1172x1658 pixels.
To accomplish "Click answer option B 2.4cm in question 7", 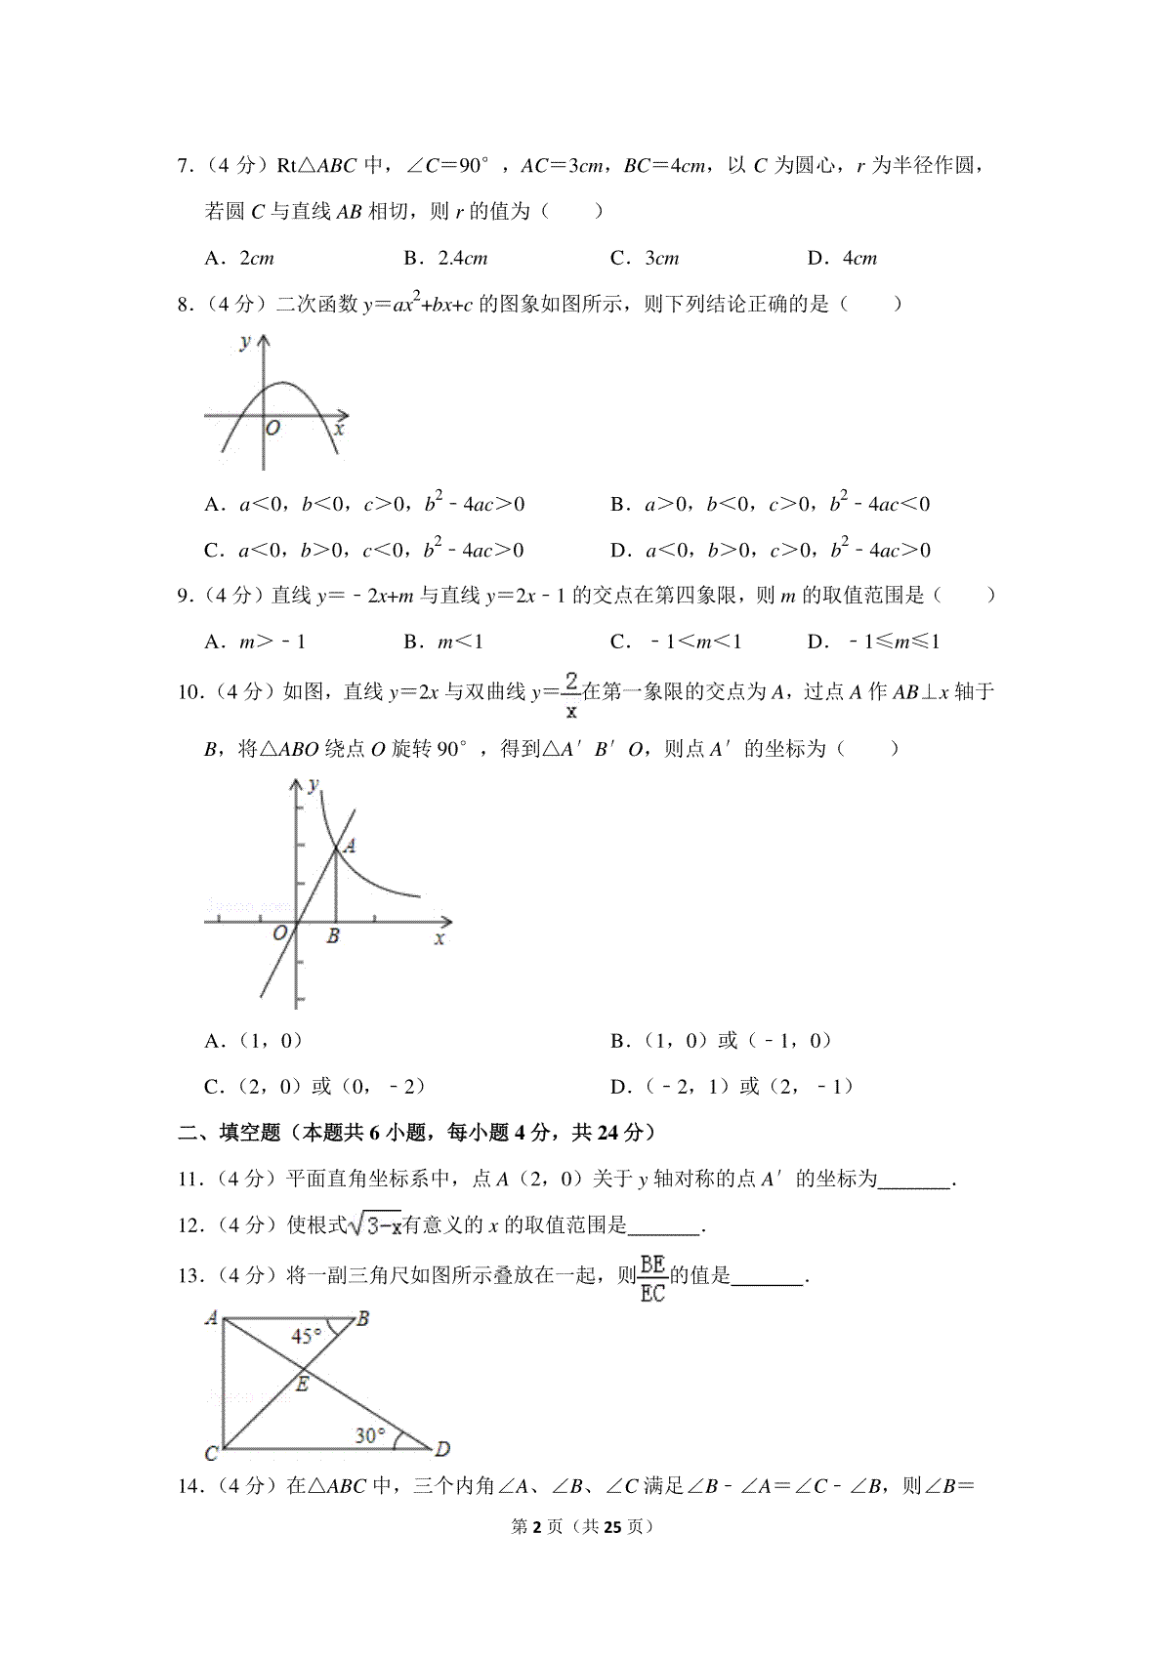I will coord(445,259).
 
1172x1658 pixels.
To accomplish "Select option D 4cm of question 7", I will coord(842,259).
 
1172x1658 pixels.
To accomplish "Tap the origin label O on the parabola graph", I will coord(273,429).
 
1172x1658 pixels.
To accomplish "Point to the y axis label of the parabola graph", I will coord(244,341).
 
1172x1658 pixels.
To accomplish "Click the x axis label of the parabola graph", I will coord(338,429).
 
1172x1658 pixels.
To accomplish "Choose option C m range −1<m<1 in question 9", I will coord(676,642).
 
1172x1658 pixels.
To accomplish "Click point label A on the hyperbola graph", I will coord(350,846).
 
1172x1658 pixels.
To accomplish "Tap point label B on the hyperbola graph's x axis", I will coord(333,936).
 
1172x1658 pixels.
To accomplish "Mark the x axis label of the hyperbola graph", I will coord(439,938).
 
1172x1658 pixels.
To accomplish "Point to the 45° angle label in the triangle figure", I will coord(307,1336).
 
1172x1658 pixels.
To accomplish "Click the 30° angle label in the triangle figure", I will coord(369,1435).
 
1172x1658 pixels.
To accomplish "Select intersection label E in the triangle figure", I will coord(302,1384).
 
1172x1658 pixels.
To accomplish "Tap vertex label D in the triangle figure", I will coord(441,1450).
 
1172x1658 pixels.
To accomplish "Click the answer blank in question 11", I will coord(914,1180).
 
